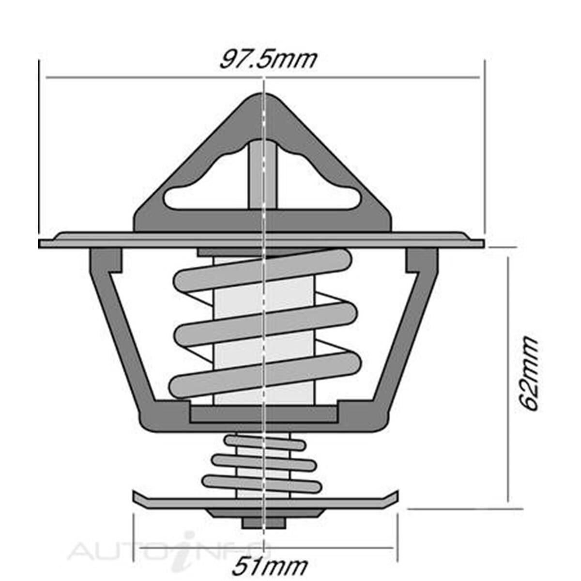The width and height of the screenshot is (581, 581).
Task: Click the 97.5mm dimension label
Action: (x=268, y=59)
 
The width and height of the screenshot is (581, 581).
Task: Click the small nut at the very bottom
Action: (x=263, y=522)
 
